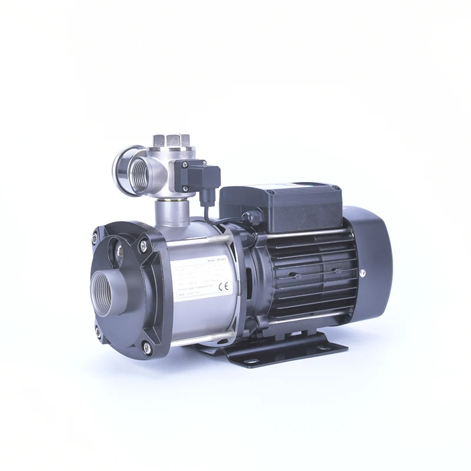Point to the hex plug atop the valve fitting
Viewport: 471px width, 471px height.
click(x=166, y=141)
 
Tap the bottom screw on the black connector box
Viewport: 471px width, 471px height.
click(x=185, y=188)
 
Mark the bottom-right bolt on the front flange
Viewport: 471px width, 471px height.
click(x=147, y=349)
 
